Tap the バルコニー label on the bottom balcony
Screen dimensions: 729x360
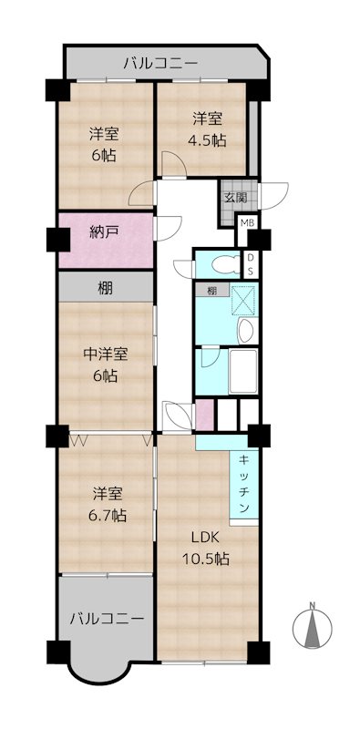[x=107, y=618]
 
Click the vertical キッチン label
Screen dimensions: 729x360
[x=245, y=487]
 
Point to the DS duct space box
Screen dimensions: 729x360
[x=252, y=264]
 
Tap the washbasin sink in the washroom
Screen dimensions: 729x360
[x=244, y=329]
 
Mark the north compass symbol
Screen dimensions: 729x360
[x=311, y=628]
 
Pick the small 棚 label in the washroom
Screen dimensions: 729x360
[x=211, y=291]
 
